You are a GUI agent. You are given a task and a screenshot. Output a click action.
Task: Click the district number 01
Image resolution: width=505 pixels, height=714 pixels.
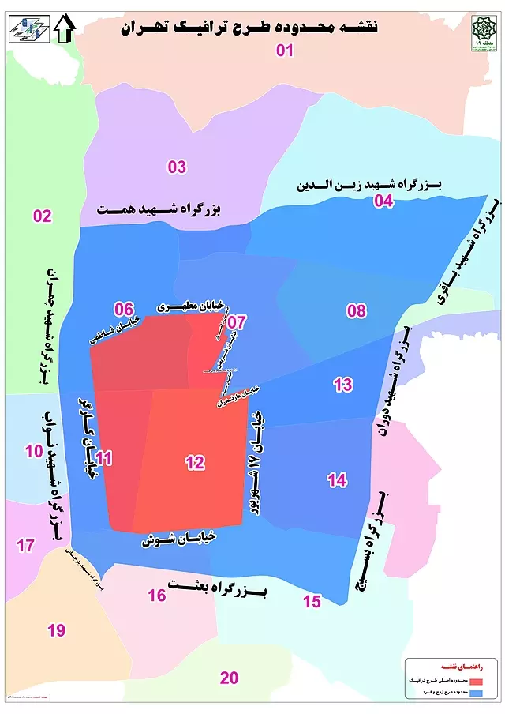point(284,51)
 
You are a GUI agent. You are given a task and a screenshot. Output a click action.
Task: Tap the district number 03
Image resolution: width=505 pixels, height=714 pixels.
point(177,167)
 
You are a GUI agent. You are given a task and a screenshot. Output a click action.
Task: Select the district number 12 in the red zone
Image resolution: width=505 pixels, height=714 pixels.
point(196,464)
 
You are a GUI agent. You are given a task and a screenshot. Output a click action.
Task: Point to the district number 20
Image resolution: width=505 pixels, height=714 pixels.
point(229,678)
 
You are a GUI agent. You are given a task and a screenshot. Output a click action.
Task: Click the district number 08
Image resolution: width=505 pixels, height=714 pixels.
point(357,310)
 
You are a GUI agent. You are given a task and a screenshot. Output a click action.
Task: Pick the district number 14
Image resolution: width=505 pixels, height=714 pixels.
point(337,479)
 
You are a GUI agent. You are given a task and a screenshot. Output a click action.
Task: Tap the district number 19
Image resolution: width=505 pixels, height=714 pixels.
point(56,630)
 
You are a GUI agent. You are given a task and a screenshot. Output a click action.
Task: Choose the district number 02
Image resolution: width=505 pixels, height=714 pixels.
point(42,216)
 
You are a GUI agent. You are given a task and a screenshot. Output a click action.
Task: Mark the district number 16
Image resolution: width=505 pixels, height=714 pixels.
point(157,595)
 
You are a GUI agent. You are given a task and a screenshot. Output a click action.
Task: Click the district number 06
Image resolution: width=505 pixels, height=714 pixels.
point(123,309)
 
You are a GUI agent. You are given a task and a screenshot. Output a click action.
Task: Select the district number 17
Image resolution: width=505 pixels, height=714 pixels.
point(25,545)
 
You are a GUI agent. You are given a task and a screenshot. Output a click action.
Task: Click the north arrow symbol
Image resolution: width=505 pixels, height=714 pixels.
point(65,29)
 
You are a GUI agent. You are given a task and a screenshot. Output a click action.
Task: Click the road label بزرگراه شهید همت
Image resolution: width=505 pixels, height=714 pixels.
point(160,211)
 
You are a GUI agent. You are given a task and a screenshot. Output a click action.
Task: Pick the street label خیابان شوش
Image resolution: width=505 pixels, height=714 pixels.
point(179,540)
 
